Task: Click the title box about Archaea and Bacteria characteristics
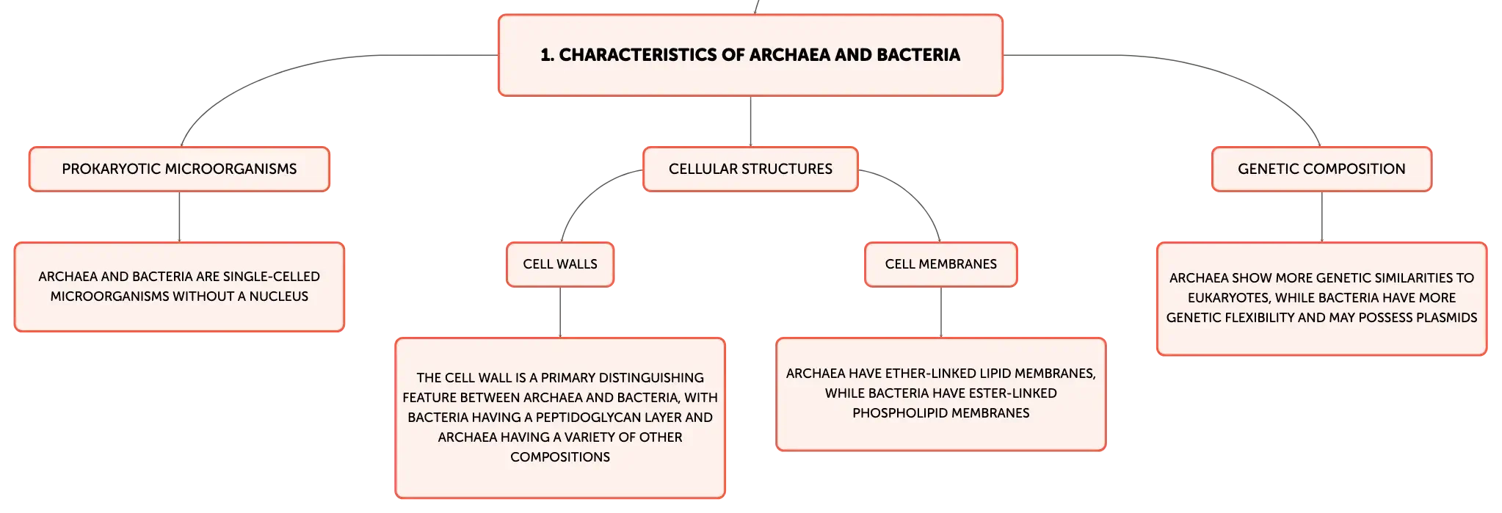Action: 750,55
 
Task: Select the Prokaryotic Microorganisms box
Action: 179,169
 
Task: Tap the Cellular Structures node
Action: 750,169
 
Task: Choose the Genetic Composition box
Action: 1321,169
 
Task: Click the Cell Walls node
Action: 560,264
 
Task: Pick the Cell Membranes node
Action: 940,264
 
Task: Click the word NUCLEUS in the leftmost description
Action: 279,296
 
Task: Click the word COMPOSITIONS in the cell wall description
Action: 560,457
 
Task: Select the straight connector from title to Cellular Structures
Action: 750,121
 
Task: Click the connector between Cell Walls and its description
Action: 560,312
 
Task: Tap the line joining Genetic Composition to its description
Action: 1321,217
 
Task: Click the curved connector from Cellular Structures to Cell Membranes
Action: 915,190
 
